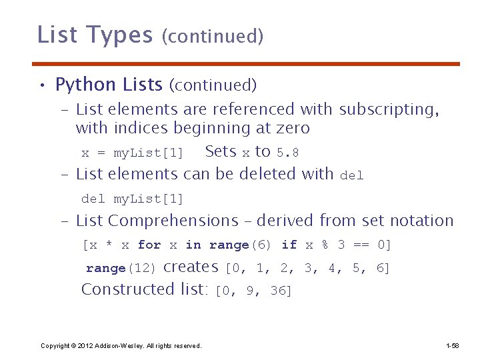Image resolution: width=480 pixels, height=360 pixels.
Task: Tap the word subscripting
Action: click(x=389, y=109)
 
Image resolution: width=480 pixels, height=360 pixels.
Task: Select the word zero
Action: click(x=289, y=127)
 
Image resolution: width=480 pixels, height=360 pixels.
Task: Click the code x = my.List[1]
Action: click(x=132, y=153)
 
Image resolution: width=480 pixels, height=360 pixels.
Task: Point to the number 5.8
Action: click(x=287, y=153)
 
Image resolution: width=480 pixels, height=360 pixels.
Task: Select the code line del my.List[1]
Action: click(x=132, y=199)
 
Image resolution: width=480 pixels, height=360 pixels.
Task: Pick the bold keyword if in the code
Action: click(x=289, y=245)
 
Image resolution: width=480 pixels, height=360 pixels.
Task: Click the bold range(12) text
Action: click(x=121, y=269)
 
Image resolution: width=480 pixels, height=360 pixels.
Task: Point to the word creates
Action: click(x=191, y=267)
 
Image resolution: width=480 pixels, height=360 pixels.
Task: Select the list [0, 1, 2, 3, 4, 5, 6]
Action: click(x=307, y=269)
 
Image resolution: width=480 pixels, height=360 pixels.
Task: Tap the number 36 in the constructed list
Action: click(x=280, y=291)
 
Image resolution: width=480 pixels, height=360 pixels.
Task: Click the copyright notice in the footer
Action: click(x=121, y=345)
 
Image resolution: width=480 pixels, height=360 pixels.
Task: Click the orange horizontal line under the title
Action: click(x=246, y=64)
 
